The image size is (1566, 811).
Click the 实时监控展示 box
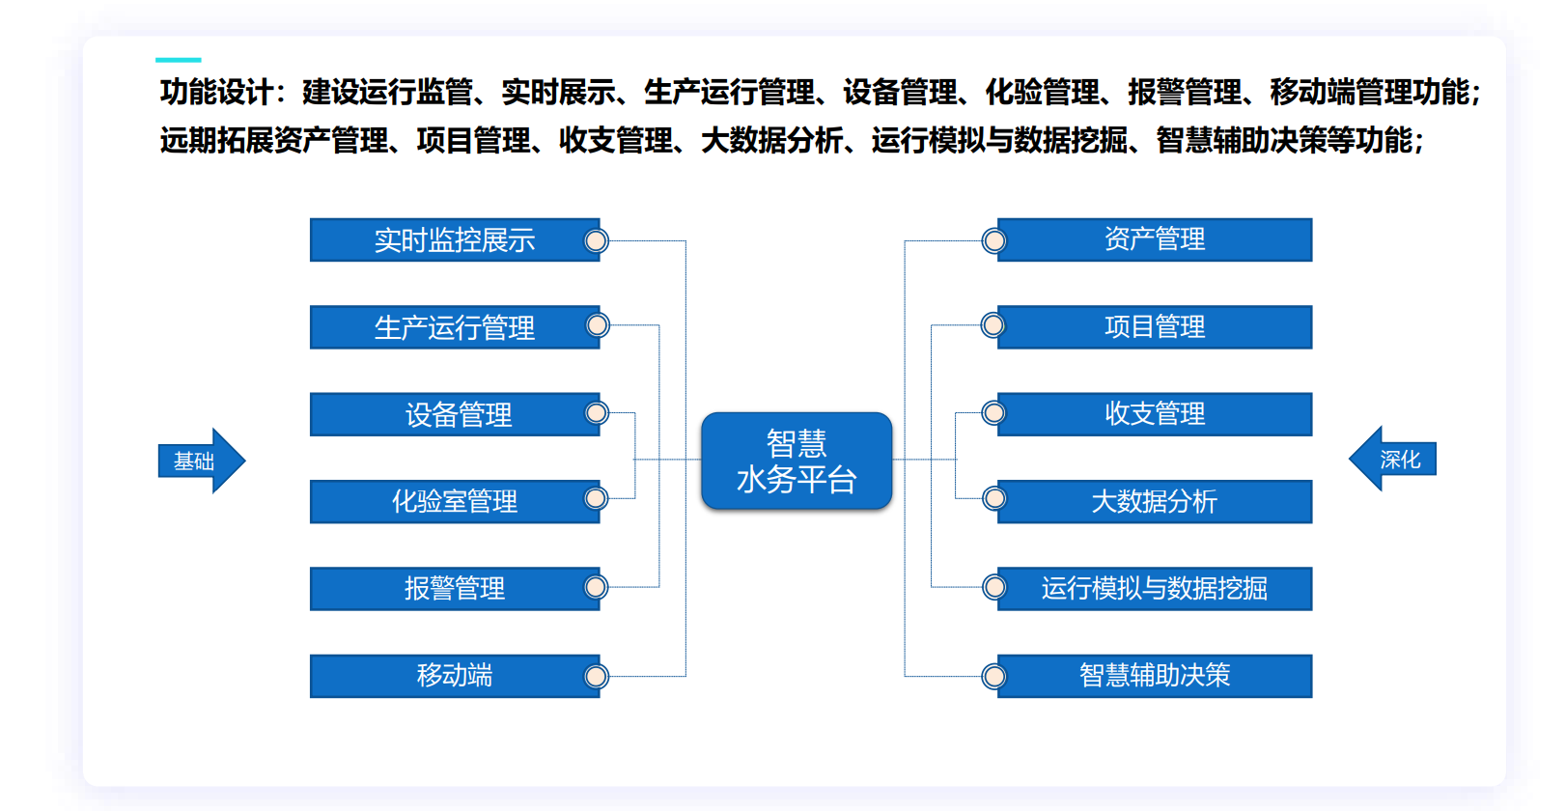click(454, 240)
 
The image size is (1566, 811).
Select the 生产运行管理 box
click(454, 327)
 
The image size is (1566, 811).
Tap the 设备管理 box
click(454, 414)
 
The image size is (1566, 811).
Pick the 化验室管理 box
click(454, 501)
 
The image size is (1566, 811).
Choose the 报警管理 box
click(454, 588)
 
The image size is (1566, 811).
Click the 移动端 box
click(454, 675)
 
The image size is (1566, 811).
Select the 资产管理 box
click(1155, 239)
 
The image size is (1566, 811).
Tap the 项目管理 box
click(1155, 326)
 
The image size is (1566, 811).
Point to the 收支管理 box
click(1155, 414)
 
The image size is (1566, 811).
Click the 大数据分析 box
click(1155, 501)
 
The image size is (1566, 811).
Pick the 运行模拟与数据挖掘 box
click(1155, 588)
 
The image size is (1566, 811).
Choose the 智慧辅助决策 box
click(1155, 675)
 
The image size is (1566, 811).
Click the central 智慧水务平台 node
click(797, 461)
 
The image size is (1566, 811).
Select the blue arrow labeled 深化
click(1393, 460)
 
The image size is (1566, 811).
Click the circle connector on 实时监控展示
click(597, 240)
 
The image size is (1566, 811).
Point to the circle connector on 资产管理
click(993, 240)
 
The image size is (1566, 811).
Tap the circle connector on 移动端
click(597, 676)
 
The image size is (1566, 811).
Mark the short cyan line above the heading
click(179, 60)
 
